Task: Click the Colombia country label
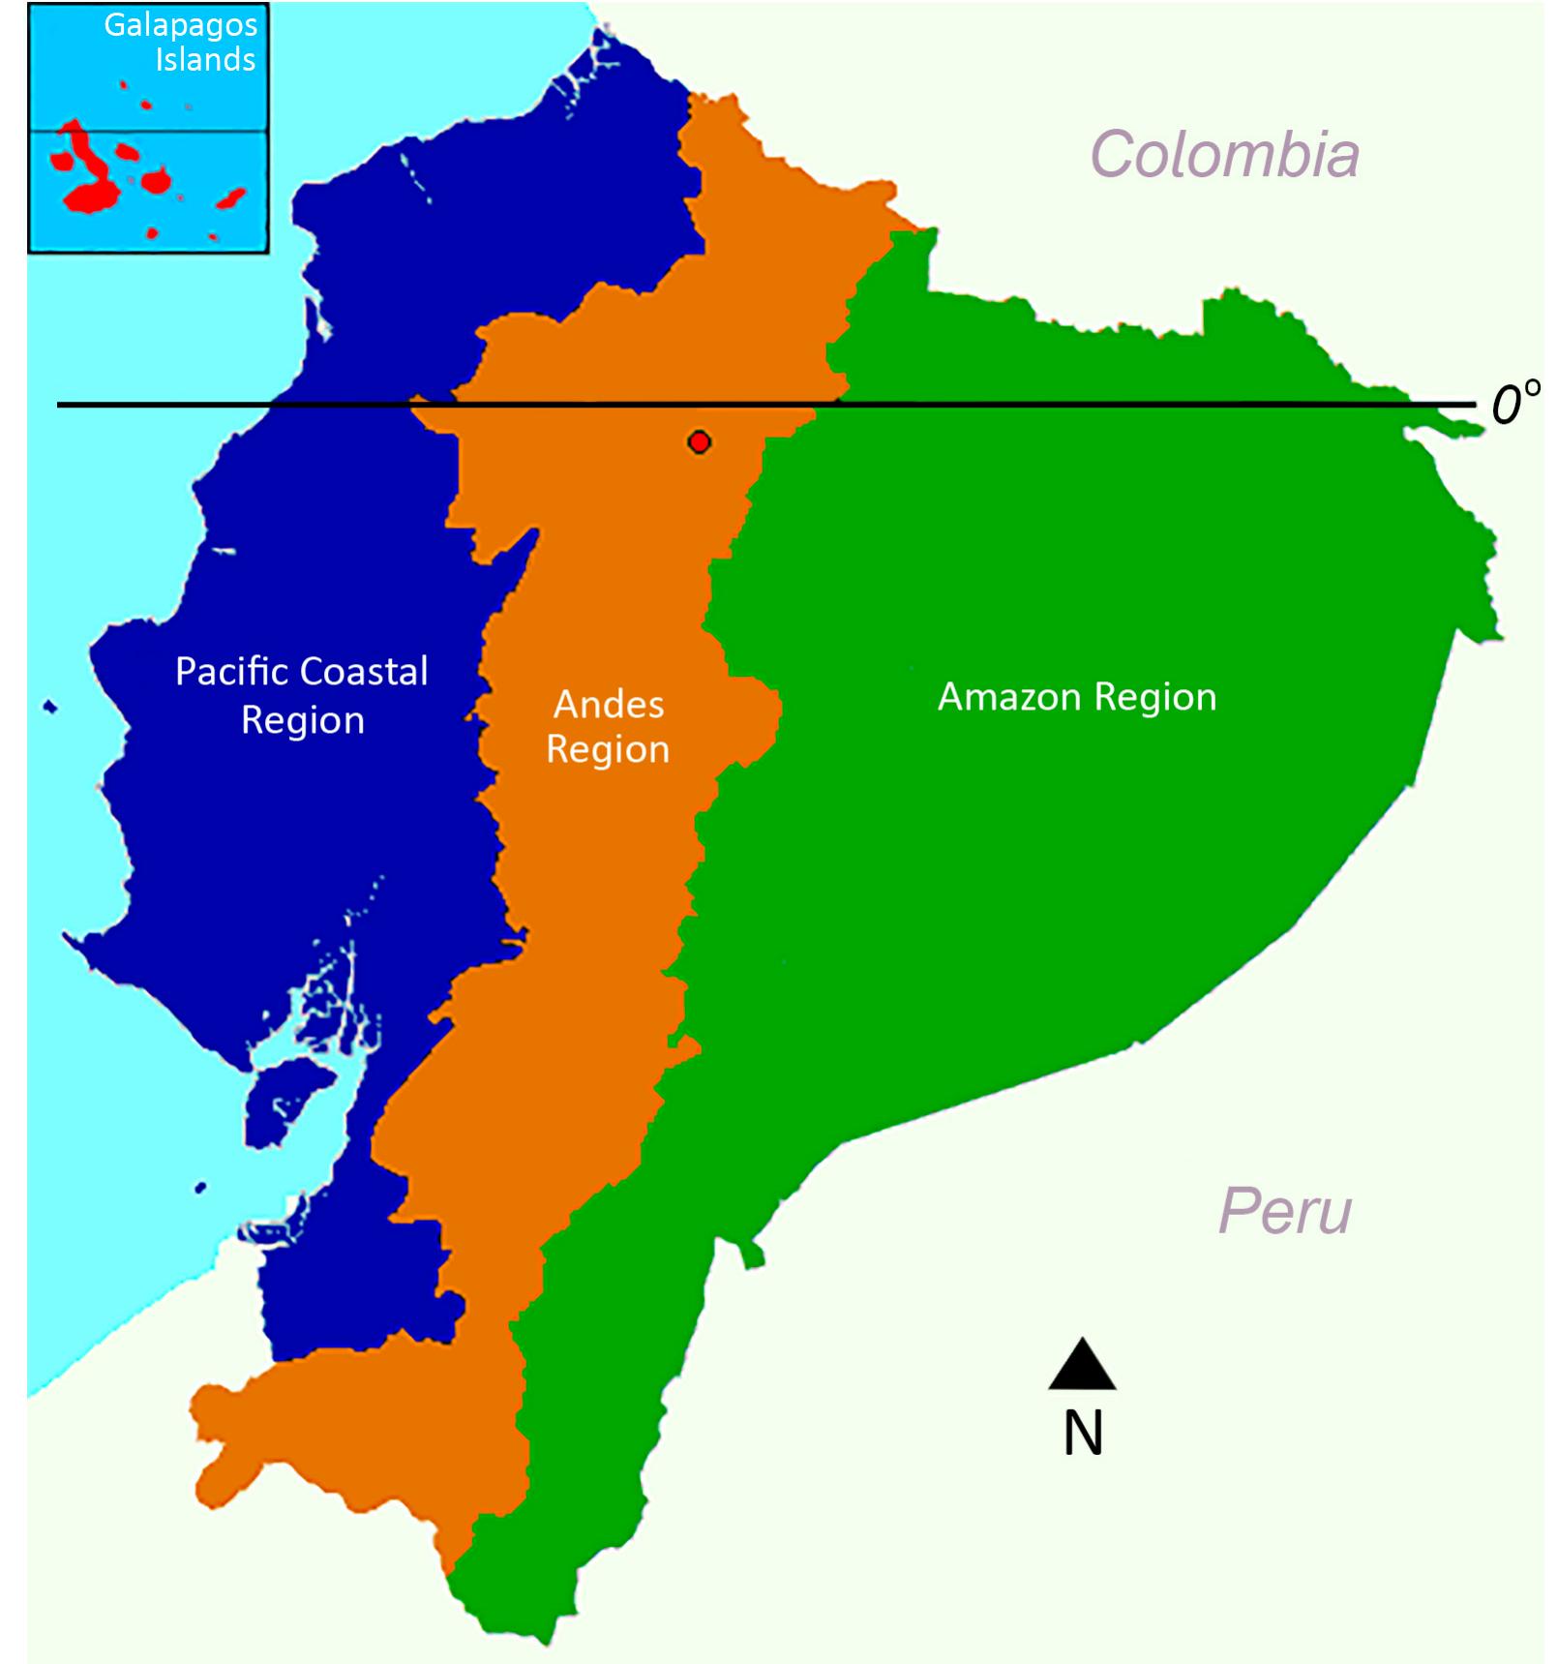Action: [1224, 155]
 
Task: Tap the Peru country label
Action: [1284, 1211]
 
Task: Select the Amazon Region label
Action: [1076, 697]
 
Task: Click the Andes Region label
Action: [608, 727]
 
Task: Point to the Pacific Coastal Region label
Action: [302, 695]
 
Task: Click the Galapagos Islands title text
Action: [181, 42]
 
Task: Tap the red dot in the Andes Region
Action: [700, 442]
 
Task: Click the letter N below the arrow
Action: [1083, 1434]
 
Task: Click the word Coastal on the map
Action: [364, 672]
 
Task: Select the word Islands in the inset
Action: [205, 60]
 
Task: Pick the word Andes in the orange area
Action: [609, 705]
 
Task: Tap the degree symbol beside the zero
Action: [1532, 389]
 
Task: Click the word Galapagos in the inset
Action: [181, 25]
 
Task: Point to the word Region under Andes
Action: [608, 750]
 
